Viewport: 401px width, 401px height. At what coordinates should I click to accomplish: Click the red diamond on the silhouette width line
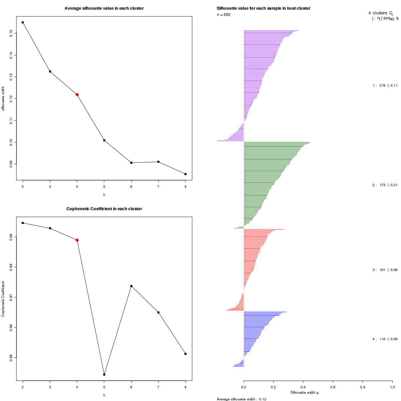[77, 95]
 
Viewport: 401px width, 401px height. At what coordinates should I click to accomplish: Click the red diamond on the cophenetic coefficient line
[77, 240]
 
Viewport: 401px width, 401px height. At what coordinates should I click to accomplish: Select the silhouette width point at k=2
[23, 22]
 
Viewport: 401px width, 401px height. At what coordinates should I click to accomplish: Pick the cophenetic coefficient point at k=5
[104, 374]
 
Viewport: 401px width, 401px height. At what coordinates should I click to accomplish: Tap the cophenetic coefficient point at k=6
[131, 286]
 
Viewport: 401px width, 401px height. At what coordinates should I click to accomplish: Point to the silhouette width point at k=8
[185, 174]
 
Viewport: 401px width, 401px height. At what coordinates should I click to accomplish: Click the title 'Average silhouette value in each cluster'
[104, 8]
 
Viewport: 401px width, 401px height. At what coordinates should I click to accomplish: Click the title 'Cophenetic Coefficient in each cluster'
[104, 209]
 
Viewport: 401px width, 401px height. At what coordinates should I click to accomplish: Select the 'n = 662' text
[224, 15]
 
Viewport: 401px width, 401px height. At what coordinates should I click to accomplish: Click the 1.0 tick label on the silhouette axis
[392, 387]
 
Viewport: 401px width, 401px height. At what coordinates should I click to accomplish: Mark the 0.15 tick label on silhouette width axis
[11, 33]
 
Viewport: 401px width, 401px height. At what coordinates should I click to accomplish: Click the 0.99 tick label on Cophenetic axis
[11, 237]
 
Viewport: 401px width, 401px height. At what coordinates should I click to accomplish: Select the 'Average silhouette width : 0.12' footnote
[241, 399]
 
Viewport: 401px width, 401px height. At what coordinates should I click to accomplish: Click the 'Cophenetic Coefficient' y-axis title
[3, 299]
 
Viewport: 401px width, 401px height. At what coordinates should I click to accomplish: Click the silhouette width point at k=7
[158, 162]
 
